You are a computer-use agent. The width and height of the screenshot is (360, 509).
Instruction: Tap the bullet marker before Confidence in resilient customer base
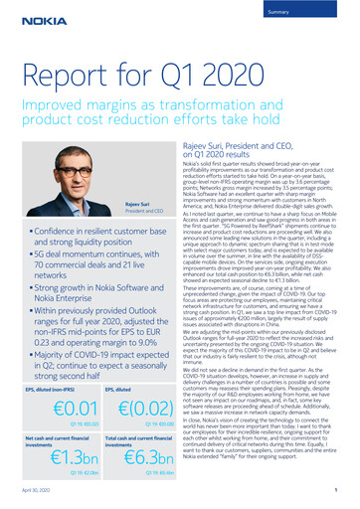29,229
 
